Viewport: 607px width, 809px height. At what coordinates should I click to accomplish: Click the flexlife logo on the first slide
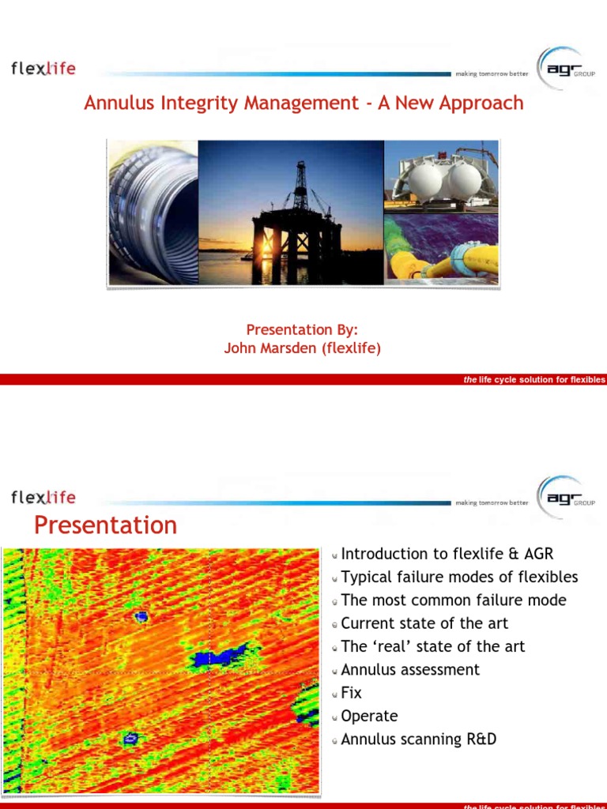pyautogui.click(x=43, y=68)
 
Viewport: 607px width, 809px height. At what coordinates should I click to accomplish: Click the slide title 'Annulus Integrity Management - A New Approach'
pyautogui.click(x=303, y=103)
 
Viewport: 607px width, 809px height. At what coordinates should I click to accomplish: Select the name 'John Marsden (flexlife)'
pyautogui.click(x=303, y=348)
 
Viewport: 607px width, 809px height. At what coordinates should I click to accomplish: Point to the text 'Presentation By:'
pyautogui.click(x=303, y=329)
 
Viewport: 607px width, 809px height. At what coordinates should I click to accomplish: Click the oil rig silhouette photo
pyautogui.click(x=290, y=212)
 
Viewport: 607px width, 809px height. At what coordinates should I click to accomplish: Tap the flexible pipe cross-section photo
pyautogui.click(x=153, y=212)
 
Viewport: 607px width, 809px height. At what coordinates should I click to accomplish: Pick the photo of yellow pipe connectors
pyautogui.click(x=441, y=249)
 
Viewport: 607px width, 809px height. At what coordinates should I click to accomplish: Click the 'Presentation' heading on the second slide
pyautogui.click(x=106, y=525)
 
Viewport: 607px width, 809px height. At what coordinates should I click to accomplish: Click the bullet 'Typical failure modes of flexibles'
pyautogui.click(x=459, y=577)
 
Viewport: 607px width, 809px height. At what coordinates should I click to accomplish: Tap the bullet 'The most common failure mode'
pyautogui.click(x=454, y=600)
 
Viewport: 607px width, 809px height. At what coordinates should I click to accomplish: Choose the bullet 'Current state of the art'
pyautogui.click(x=424, y=623)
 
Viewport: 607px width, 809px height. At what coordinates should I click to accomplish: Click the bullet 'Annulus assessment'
pyautogui.click(x=410, y=669)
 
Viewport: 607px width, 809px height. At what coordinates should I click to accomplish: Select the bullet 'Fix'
pyautogui.click(x=351, y=693)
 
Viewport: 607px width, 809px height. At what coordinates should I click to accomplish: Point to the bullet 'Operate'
pyautogui.click(x=369, y=716)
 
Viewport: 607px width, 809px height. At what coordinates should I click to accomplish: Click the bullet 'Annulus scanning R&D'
pyautogui.click(x=418, y=739)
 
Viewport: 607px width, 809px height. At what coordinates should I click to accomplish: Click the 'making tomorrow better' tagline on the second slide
pyautogui.click(x=491, y=502)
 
